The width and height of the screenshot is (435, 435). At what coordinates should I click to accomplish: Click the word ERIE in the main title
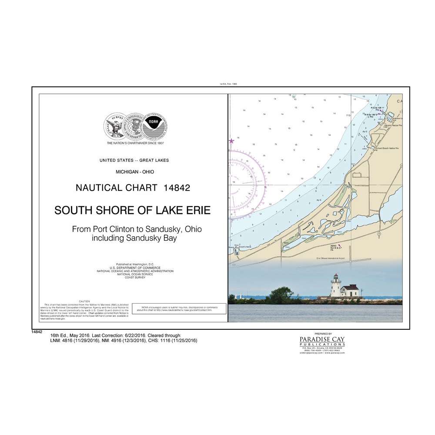pos(196,211)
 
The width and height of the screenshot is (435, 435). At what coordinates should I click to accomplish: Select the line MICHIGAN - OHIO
pos(134,172)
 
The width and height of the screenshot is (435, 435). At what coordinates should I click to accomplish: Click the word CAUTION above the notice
pos(84,301)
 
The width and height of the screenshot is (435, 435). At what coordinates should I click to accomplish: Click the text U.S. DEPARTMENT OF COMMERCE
pos(134,268)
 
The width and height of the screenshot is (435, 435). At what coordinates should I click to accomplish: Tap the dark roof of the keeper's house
pos(349,287)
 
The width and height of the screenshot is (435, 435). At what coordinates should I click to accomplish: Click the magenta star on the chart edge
pos(231,141)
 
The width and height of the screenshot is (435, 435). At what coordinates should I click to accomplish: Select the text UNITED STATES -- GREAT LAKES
pos(134,161)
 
